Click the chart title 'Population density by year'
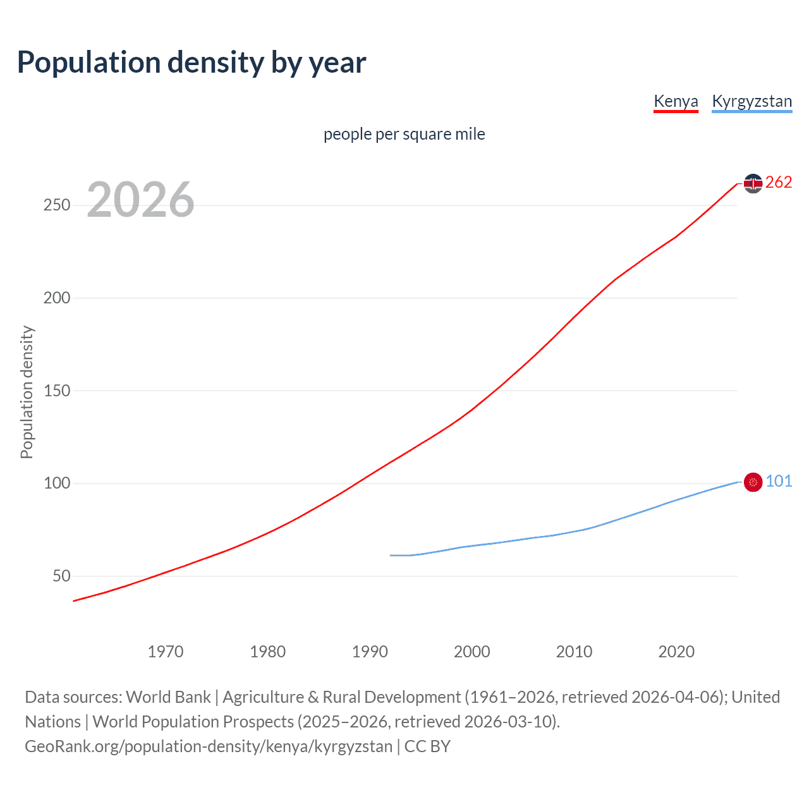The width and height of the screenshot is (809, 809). (x=192, y=63)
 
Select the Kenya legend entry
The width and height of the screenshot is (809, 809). (x=676, y=101)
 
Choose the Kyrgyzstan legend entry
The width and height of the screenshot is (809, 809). (x=751, y=101)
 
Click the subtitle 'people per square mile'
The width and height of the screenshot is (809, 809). (x=404, y=134)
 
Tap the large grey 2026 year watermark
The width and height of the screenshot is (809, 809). (x=140, y=200)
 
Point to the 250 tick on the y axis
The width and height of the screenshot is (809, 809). (x=57, y=205)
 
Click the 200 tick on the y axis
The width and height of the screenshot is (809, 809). (x=57, y=298)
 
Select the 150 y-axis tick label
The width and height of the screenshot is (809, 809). (x=57, y=391)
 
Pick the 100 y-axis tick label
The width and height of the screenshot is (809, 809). (x=57, y=484)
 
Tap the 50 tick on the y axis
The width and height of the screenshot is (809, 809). (x=61, y=576)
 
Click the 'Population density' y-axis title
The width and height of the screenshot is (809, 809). (x=27, y=392)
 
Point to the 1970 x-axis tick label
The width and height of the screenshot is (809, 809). (x=166, y=652)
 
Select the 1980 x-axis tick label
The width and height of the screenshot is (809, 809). (x=268, y=652)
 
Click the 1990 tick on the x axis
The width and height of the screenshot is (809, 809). (x=370, y=652)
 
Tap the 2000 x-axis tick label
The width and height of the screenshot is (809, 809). (x=472, y=652)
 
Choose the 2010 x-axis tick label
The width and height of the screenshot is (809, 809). (x=574, y=652)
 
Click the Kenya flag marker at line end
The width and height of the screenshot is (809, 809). (x=753, y=183)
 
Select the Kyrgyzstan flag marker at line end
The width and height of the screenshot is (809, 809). (x=753, y=482)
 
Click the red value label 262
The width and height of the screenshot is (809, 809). (x=779, y=183)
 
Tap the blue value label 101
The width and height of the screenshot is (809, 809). (x=779, y=482)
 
